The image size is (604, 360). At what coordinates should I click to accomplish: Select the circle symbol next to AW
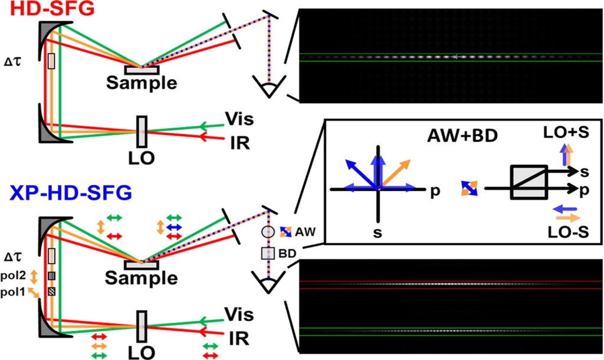coord(268,232)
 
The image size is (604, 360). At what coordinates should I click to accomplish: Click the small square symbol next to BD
coord(268,253)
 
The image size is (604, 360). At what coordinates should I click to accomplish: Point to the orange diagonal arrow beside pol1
coord(34,291)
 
